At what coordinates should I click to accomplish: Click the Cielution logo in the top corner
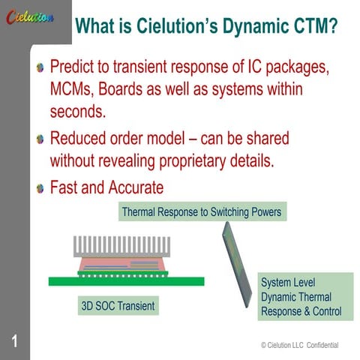tap(31, 17)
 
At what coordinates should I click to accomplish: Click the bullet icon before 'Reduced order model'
tap(40, 139)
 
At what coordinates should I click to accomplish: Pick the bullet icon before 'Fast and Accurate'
tap(40, 187)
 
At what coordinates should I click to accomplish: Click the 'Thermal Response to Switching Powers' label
tap(201, 212)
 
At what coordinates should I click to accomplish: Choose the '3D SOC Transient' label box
tap(117, 306)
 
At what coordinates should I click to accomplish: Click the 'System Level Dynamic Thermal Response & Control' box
tap(300, 296)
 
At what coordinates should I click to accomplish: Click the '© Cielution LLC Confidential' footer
tap(299, 345)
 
